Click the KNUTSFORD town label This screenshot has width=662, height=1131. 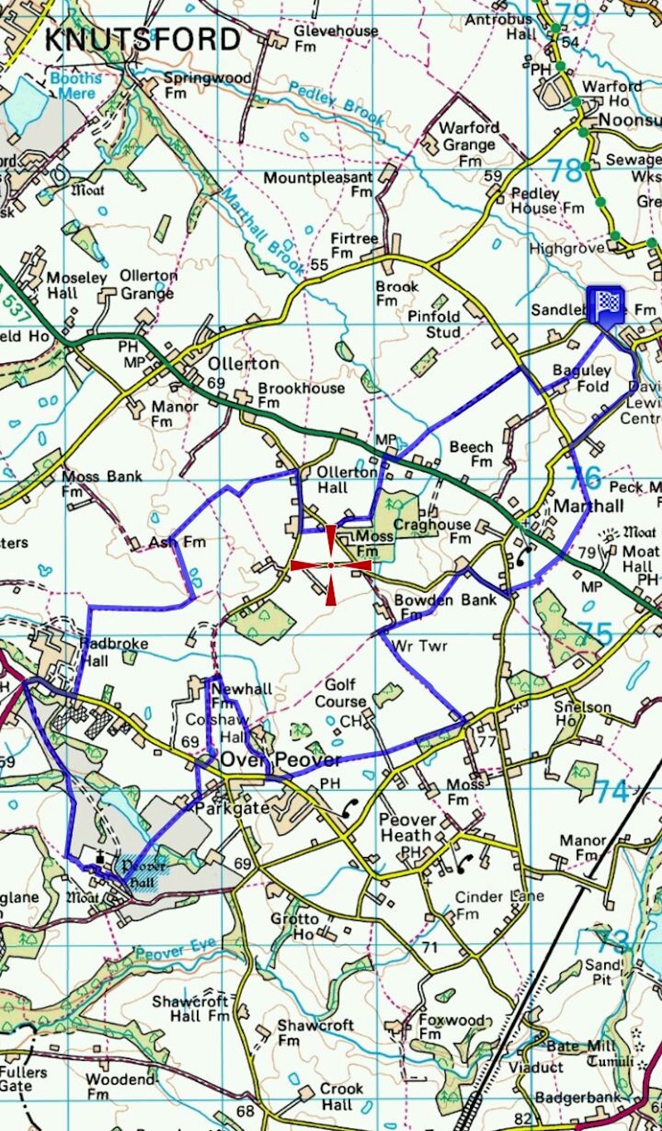142,39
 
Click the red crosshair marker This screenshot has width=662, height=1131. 331,565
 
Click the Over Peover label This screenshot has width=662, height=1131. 281,760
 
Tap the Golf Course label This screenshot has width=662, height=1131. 339,693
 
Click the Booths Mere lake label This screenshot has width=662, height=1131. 75,86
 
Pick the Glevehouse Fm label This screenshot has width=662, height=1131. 336,38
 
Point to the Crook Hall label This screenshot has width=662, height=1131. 341,1096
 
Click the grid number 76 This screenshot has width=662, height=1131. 585,477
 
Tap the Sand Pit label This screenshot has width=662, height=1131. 602,971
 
